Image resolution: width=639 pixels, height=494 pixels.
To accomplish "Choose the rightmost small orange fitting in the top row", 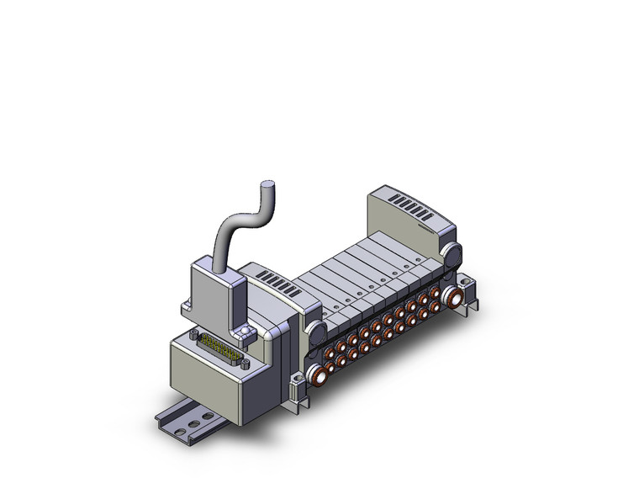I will [436, 293].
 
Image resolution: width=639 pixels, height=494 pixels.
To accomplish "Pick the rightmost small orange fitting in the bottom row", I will [439, 309].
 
